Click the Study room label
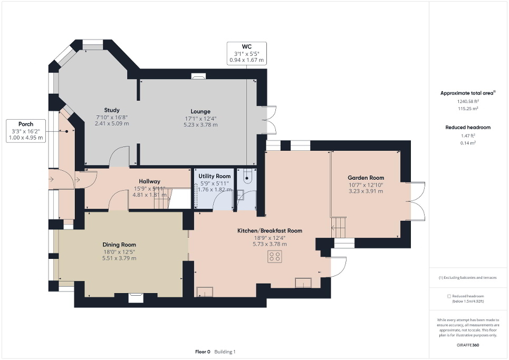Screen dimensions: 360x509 click(x=112, y=110)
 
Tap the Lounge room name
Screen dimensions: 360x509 click(x=200, y=111)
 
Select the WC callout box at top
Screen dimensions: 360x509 click(x=247, y=54)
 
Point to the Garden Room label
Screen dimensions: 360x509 click(x=366, y=178)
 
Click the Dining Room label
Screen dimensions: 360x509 click(x=119, y=245)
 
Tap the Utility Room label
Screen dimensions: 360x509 click(x=214, y=176)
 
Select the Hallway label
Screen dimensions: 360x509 click(x=142, y=181)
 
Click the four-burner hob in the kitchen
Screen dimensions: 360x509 click(x=274, y=257)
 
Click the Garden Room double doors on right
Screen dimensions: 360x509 click(x=417, y=201)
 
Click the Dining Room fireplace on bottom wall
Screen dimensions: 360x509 click(x=136, y=298)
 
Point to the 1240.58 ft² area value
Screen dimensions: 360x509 click(x=467, y=101)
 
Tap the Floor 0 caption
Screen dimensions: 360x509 click(x=203, y=352)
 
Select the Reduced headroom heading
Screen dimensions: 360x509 click(x=467, y=128)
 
